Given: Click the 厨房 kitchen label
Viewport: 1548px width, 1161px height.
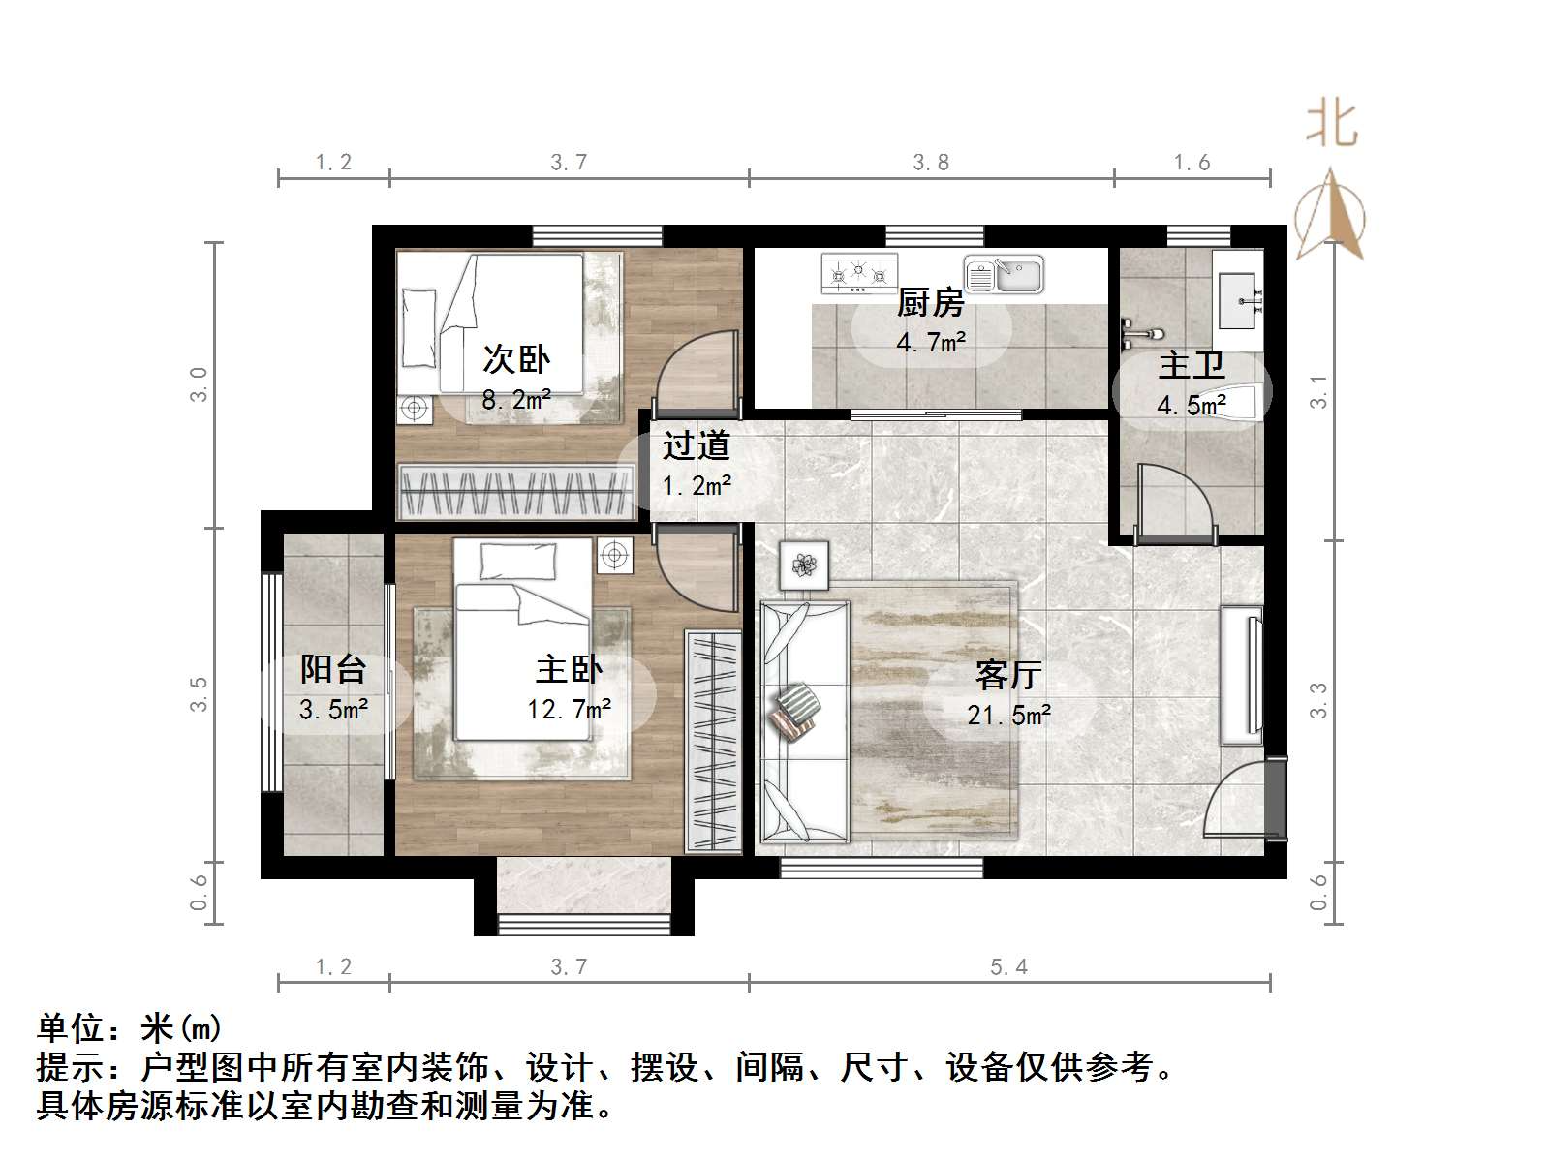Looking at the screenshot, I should click(930, 303).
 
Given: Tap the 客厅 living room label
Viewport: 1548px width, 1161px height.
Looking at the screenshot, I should click(1007, 675).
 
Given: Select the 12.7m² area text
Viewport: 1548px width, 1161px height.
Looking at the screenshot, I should click(569, 710).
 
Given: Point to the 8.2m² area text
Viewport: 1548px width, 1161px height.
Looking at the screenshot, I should click(516, 399).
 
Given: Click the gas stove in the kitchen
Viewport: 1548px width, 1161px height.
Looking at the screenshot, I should click(858, 273).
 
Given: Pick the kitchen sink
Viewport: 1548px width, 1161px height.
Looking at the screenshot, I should click(1005, 275).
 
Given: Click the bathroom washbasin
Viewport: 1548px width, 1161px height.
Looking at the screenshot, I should click(1239, 289).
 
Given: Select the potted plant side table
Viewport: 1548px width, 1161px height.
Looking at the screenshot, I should click(804, 565).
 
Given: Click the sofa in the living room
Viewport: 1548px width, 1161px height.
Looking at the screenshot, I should click(804, 721).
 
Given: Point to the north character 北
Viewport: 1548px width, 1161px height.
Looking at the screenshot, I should click(1331, 126).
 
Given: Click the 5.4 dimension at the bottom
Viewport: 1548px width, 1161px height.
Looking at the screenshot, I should click(1008, 966).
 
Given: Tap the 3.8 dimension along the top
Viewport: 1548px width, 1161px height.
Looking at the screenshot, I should click(931, 163).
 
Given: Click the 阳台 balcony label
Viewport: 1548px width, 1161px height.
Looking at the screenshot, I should click(332, 668).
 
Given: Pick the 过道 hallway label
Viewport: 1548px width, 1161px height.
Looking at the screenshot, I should click(695, 446).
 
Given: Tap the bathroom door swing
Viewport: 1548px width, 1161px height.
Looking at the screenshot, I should click(1173, 500).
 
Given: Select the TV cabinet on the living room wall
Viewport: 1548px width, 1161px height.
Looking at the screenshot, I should click(1241, 675).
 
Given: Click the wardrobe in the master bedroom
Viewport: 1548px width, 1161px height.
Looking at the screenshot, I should click(712, 741).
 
